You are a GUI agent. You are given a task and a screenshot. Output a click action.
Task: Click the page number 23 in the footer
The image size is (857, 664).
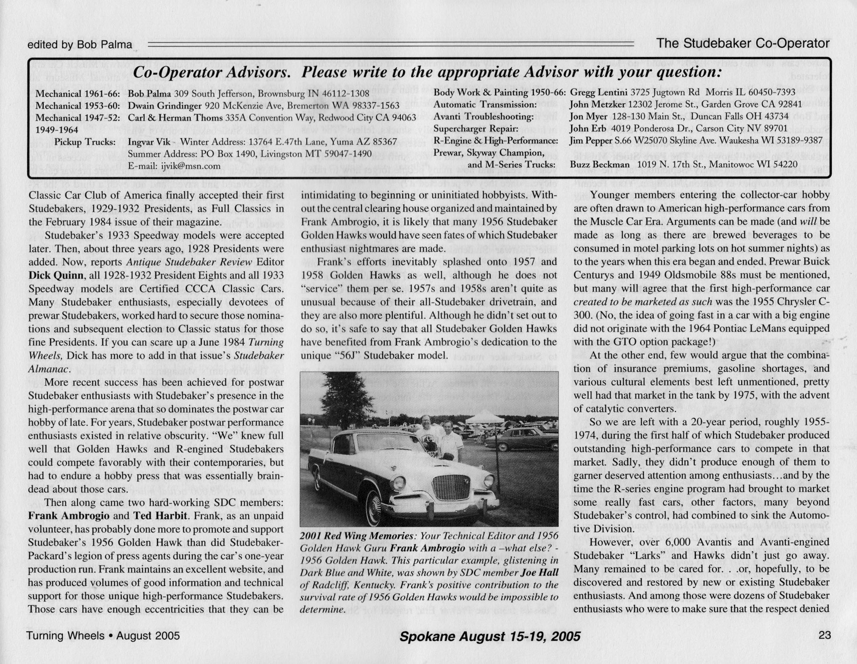[823, 635]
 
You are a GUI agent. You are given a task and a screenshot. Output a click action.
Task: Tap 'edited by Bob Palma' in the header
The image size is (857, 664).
[80, 45]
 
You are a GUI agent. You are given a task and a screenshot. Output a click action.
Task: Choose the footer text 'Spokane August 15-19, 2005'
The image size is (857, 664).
[490, 636]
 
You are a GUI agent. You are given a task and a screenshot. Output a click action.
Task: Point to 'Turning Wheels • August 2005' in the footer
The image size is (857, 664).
[103, 636]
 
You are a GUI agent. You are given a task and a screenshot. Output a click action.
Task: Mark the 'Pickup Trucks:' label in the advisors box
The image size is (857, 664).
[85, 142]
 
